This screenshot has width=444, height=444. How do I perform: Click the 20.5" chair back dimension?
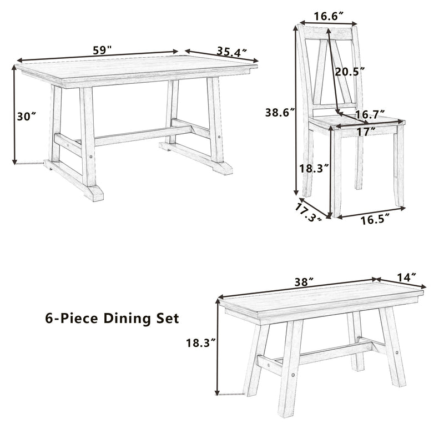click(x=350, y=72)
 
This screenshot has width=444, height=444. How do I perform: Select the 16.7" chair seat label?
click(x=370, y=115)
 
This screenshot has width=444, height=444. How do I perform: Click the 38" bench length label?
click(x=301, y=281)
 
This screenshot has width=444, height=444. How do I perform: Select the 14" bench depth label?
click(x=407, y=276)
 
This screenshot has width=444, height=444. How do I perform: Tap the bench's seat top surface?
click(x=322, y=300)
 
